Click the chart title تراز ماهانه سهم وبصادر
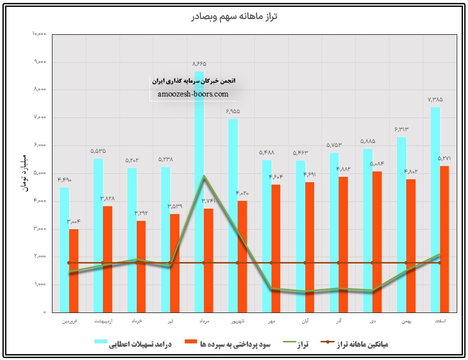[234, 16]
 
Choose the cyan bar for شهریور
[233, 216]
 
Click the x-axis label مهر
[271, 322]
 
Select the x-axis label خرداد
[136, 322]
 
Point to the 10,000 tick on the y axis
[39, 34]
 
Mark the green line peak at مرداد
[204, 176]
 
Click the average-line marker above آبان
[305, 263]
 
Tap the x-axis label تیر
[170, 322]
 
